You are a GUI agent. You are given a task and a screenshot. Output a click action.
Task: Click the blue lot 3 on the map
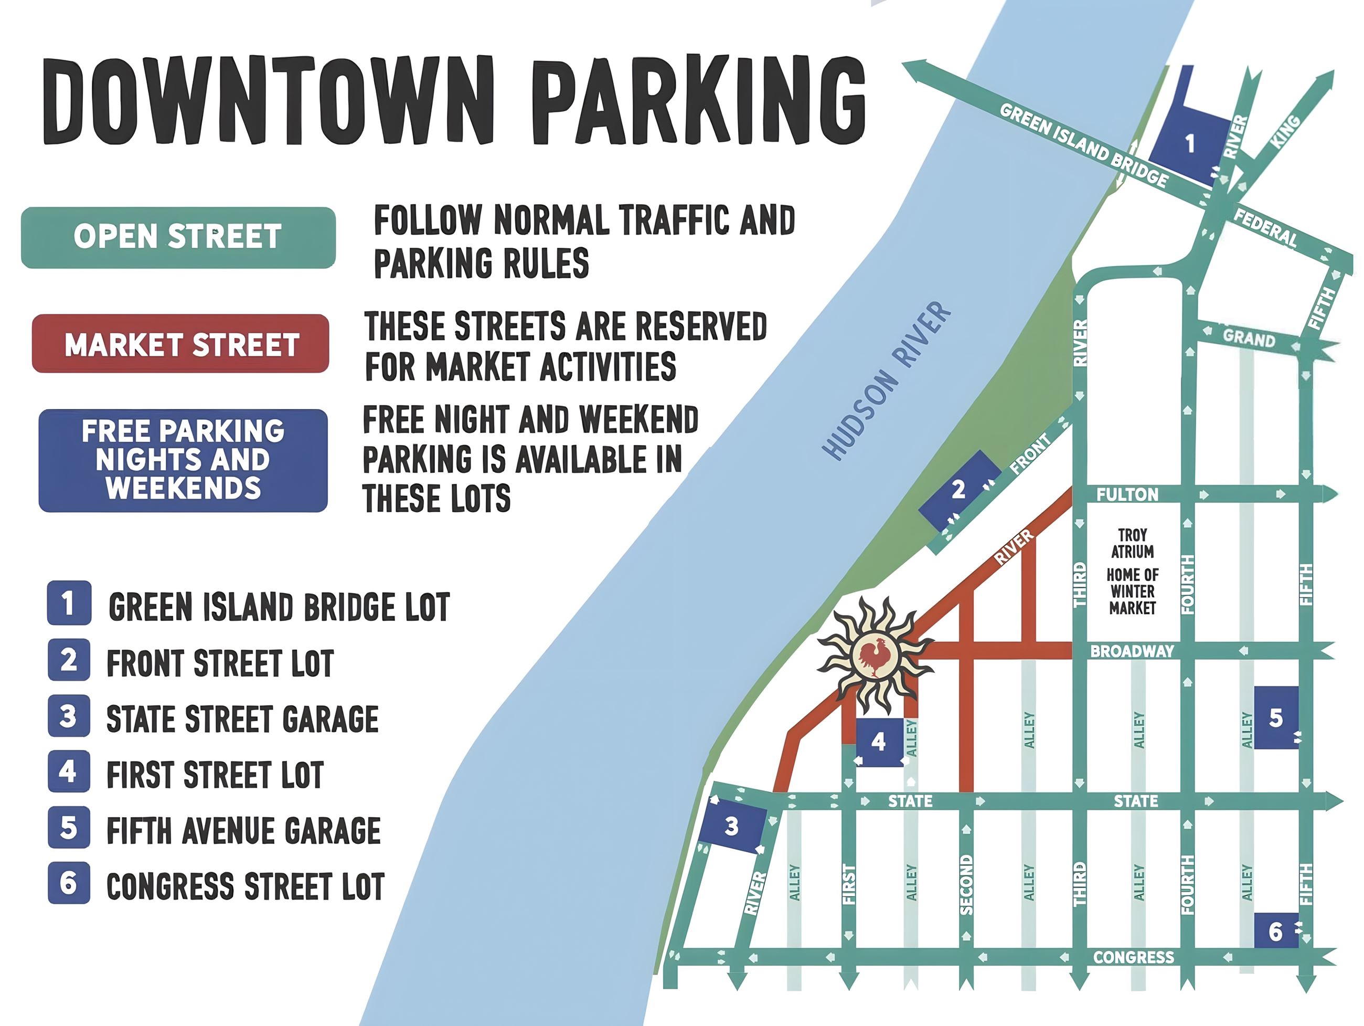732,826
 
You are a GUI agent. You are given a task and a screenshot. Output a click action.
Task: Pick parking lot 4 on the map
878,742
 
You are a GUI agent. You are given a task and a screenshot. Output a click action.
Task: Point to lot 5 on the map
1275,717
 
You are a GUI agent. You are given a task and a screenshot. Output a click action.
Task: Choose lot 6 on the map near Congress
1275,931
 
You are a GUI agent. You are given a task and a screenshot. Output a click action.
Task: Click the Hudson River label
888,380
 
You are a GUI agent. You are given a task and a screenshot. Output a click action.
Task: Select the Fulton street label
1127,494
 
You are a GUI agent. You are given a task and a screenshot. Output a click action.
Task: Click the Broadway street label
1132,651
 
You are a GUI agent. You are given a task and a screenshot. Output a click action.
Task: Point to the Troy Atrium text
1132,543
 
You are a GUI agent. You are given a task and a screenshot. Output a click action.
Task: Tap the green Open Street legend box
178,237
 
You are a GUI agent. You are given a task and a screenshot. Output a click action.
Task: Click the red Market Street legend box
180,344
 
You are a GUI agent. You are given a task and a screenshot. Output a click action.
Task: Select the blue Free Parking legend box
183,460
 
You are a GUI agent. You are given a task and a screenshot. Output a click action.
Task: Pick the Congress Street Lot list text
246,886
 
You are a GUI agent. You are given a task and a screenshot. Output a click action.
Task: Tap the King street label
1285,131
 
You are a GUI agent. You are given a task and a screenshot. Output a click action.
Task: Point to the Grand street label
1249,338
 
